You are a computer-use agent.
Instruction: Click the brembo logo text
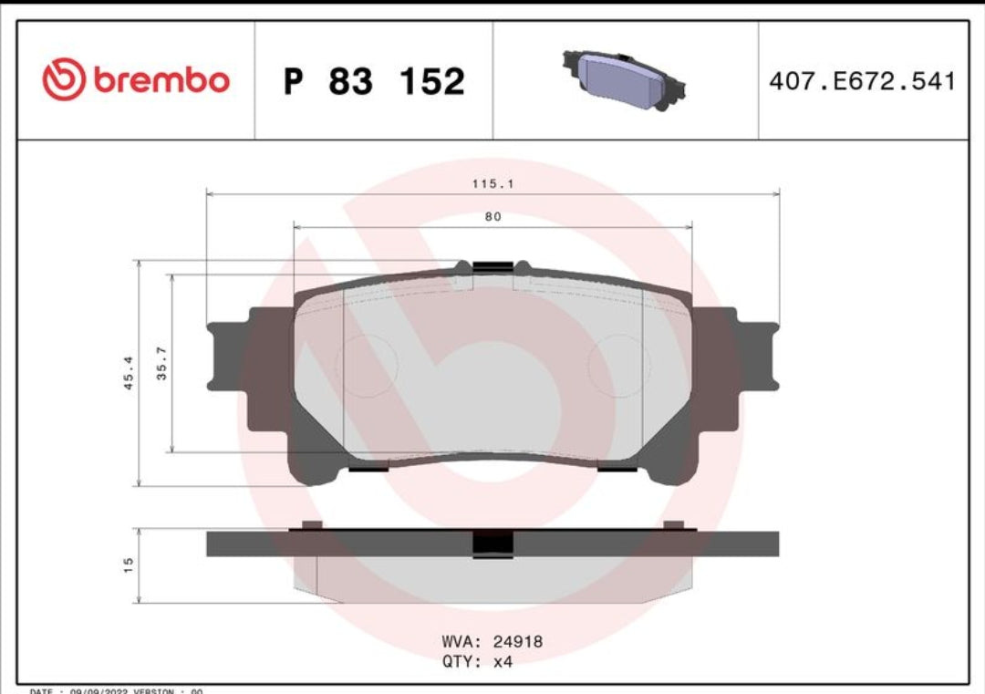pyautogui.click(x=160, y=80)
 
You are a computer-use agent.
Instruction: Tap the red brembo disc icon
pyautogui.click(x=63, y=80)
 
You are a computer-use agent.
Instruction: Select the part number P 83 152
pyautogui.click(x=374, y=81)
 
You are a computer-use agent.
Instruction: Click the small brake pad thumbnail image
pyautogui.click(x=624, y=78)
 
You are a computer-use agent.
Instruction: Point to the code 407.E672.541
pyautogui.click(x=862, y=81)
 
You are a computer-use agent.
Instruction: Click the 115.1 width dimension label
pyautogui.click(x=493, y=184)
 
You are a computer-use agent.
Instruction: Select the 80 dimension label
pyautogui.click(x=493, y=217)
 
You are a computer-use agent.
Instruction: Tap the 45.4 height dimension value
pyautogui.click(x=129, y=373)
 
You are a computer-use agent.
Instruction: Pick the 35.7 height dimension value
pyautogui.click(x=162, y=364)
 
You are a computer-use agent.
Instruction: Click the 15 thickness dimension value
pyautogui.click(x=129, y=565)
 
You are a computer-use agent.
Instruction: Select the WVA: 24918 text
pyautogui.click(x=492, y=642)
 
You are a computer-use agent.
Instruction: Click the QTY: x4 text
pyautogui.click(x=477, y=662)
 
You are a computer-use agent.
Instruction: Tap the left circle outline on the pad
pyautogui.click(x=367, y=365)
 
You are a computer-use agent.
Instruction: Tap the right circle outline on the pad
pyautogui.click(x=618, y=365)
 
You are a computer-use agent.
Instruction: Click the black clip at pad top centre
pyautogui.click(x=493, y=267)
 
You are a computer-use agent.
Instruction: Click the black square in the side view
pyautogui.click(x=493, y=543)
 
